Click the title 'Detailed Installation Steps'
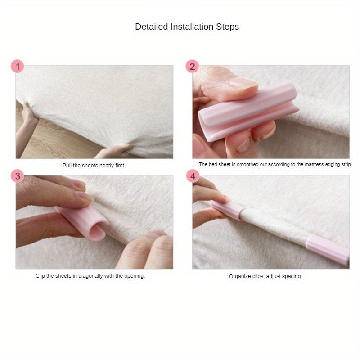tap(187, 27)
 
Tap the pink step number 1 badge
tap(17, 67)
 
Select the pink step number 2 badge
tap(192, 67)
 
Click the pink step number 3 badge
tap(17, 176)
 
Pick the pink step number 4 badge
tap(193, 176)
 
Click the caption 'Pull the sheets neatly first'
tap(93, 166)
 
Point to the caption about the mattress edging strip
tap(275, 165)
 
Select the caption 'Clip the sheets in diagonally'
tap(90, 276)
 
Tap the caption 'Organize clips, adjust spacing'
tap(265, 276)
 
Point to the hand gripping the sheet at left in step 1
tap(28, 115)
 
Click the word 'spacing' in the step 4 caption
tap(291, 276)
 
